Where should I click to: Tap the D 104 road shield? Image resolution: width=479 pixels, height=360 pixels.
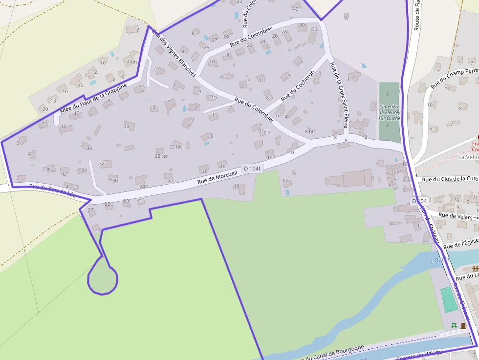[419, 201]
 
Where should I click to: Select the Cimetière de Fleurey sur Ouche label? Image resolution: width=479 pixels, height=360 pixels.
[389, 112]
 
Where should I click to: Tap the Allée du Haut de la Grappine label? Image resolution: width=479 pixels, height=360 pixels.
[93, 98]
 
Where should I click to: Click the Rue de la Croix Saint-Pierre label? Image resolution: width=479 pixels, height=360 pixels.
[339, 98]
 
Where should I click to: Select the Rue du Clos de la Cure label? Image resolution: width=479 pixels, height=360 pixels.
[450, 179]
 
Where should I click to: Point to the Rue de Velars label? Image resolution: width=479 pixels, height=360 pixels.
[456, 215]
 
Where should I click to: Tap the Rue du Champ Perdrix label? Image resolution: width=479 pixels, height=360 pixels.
[455, 77]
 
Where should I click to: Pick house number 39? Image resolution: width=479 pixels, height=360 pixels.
[126, 126]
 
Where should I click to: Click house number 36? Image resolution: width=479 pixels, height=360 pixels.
[89, 148]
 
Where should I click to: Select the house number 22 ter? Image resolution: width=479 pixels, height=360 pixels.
[161, 156]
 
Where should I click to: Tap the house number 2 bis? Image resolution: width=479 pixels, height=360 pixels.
[47, 169]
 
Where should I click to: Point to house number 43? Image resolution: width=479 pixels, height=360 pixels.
[295, 9]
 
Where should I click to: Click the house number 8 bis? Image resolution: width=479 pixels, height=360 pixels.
[310, 131]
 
